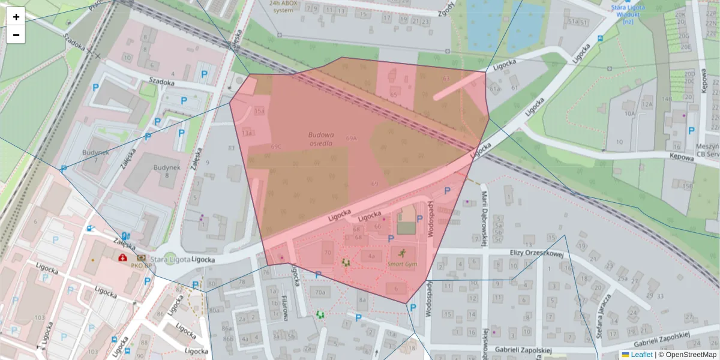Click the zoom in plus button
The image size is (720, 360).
coord(16,16)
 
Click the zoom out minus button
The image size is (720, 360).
coord(16,35)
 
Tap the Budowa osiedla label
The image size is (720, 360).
coord(322,139)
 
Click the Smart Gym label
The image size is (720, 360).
coord(402,263)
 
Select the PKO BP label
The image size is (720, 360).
coord(138,265)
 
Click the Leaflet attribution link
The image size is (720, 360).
coord(641,355)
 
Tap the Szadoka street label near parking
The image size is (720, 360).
coord(162,82)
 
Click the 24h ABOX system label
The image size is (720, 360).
coord(283,7)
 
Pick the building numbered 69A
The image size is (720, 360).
coord(352,138)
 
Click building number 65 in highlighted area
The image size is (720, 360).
coord(394,94)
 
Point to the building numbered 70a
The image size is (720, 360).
coord(320,293)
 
